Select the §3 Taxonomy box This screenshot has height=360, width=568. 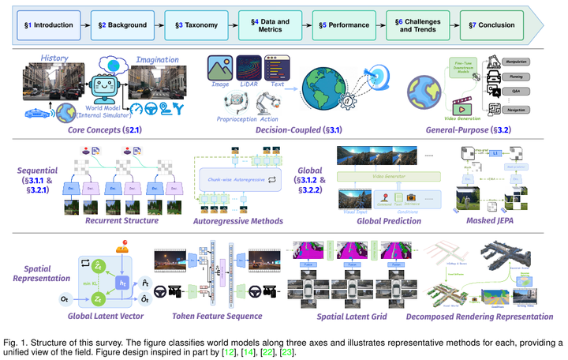point(192,25)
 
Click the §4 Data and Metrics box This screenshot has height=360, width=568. point(266,25)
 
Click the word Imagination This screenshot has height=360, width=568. point(158,58)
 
